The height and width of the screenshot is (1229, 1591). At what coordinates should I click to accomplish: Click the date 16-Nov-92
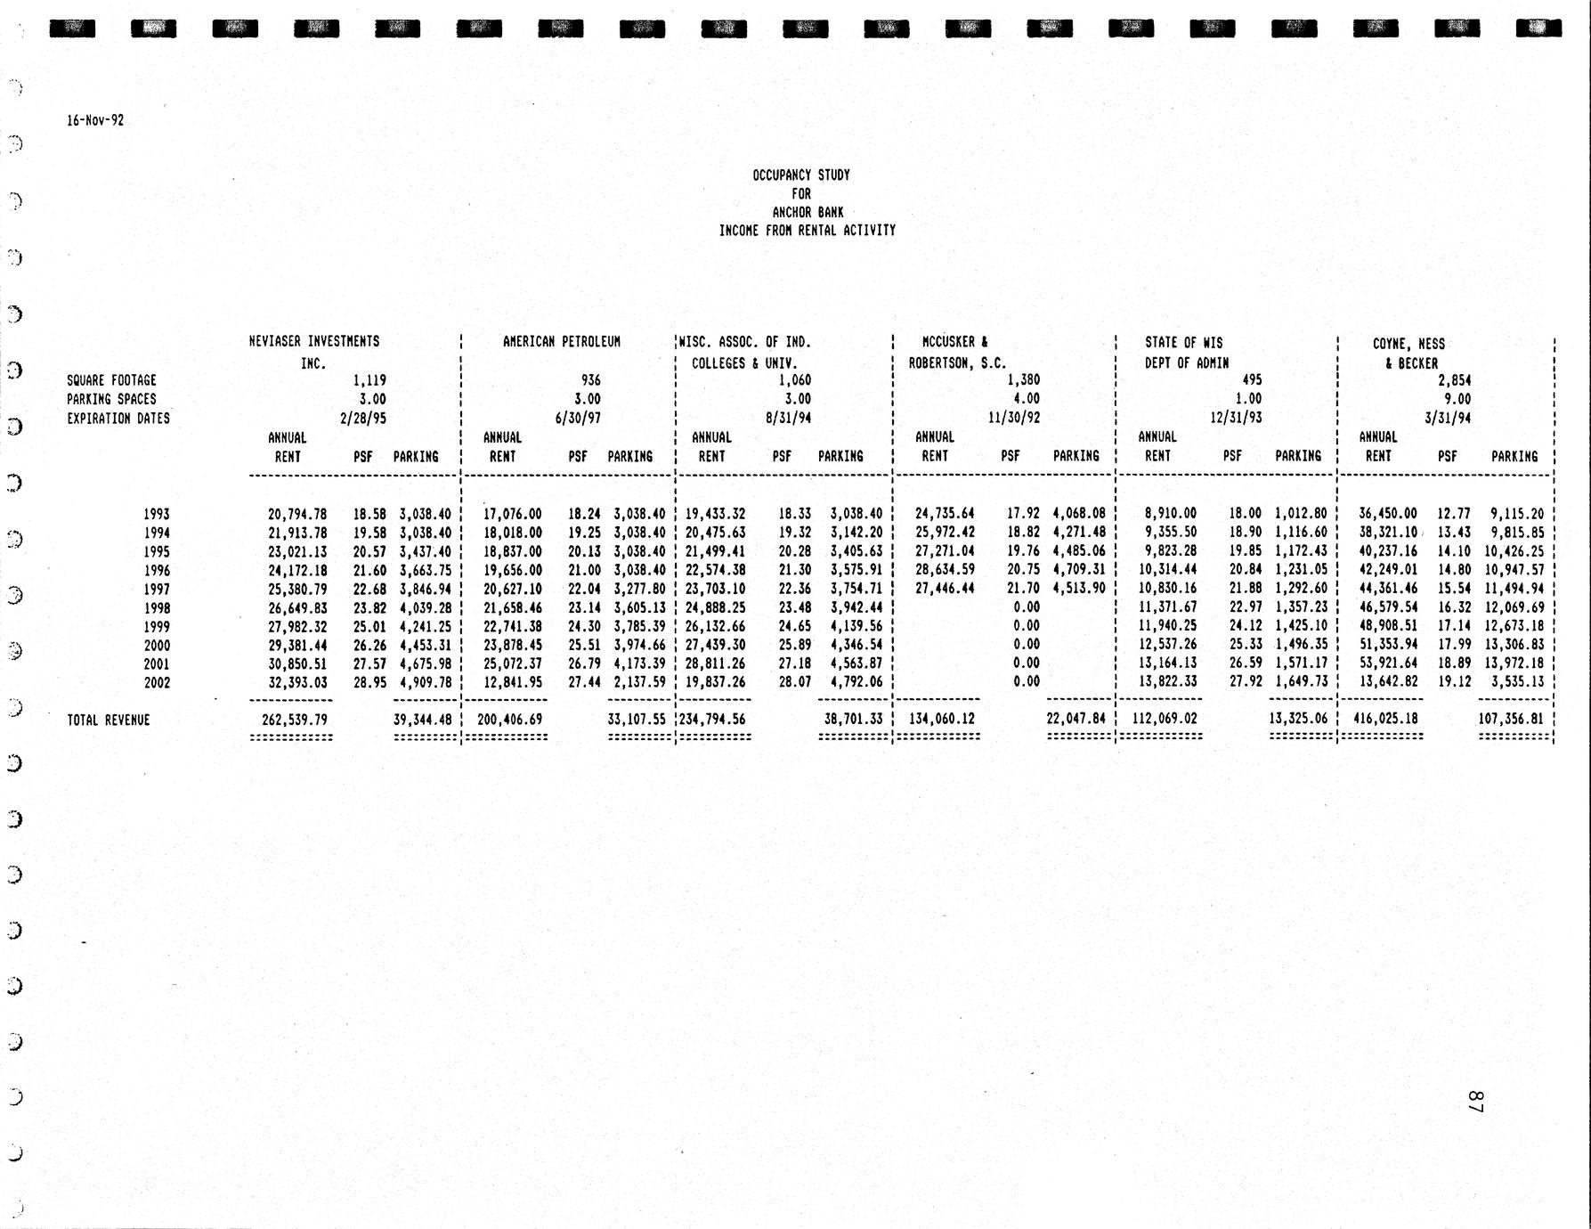pyautogui.click(x=95, y=120)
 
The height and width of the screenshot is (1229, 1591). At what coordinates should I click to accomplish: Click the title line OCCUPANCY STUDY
pyautogui.click(x=801, y=175)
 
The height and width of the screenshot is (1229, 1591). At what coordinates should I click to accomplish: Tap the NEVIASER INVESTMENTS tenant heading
pyautogui.click(x=314, y=341)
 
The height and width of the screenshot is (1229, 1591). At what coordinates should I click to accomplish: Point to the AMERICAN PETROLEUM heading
pyautogui.click(x=562, y=341)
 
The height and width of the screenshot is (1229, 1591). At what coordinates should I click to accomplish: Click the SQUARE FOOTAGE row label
pyautogui.click(x=111, y=380)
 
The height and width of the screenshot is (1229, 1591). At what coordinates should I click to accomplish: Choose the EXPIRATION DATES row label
pyautogui.click(x=118, y=418)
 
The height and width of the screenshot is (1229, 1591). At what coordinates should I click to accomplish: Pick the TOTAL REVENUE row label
pyautogui.click(x=109, y=720)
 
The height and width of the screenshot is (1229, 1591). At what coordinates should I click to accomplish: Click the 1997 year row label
pyautogui.click(x=156, y=589)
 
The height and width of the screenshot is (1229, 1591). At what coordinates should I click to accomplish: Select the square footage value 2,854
pyautogui.click(x=1455, y=380)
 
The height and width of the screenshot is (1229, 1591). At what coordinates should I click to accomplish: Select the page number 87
pyautogui.click(x=1474, y=1101)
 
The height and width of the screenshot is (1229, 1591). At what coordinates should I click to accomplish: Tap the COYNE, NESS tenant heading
pyautogui.click(x=1408, y=344)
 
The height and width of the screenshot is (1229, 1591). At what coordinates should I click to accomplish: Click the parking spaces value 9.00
pyautogui.click(x=1457, y=399)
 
